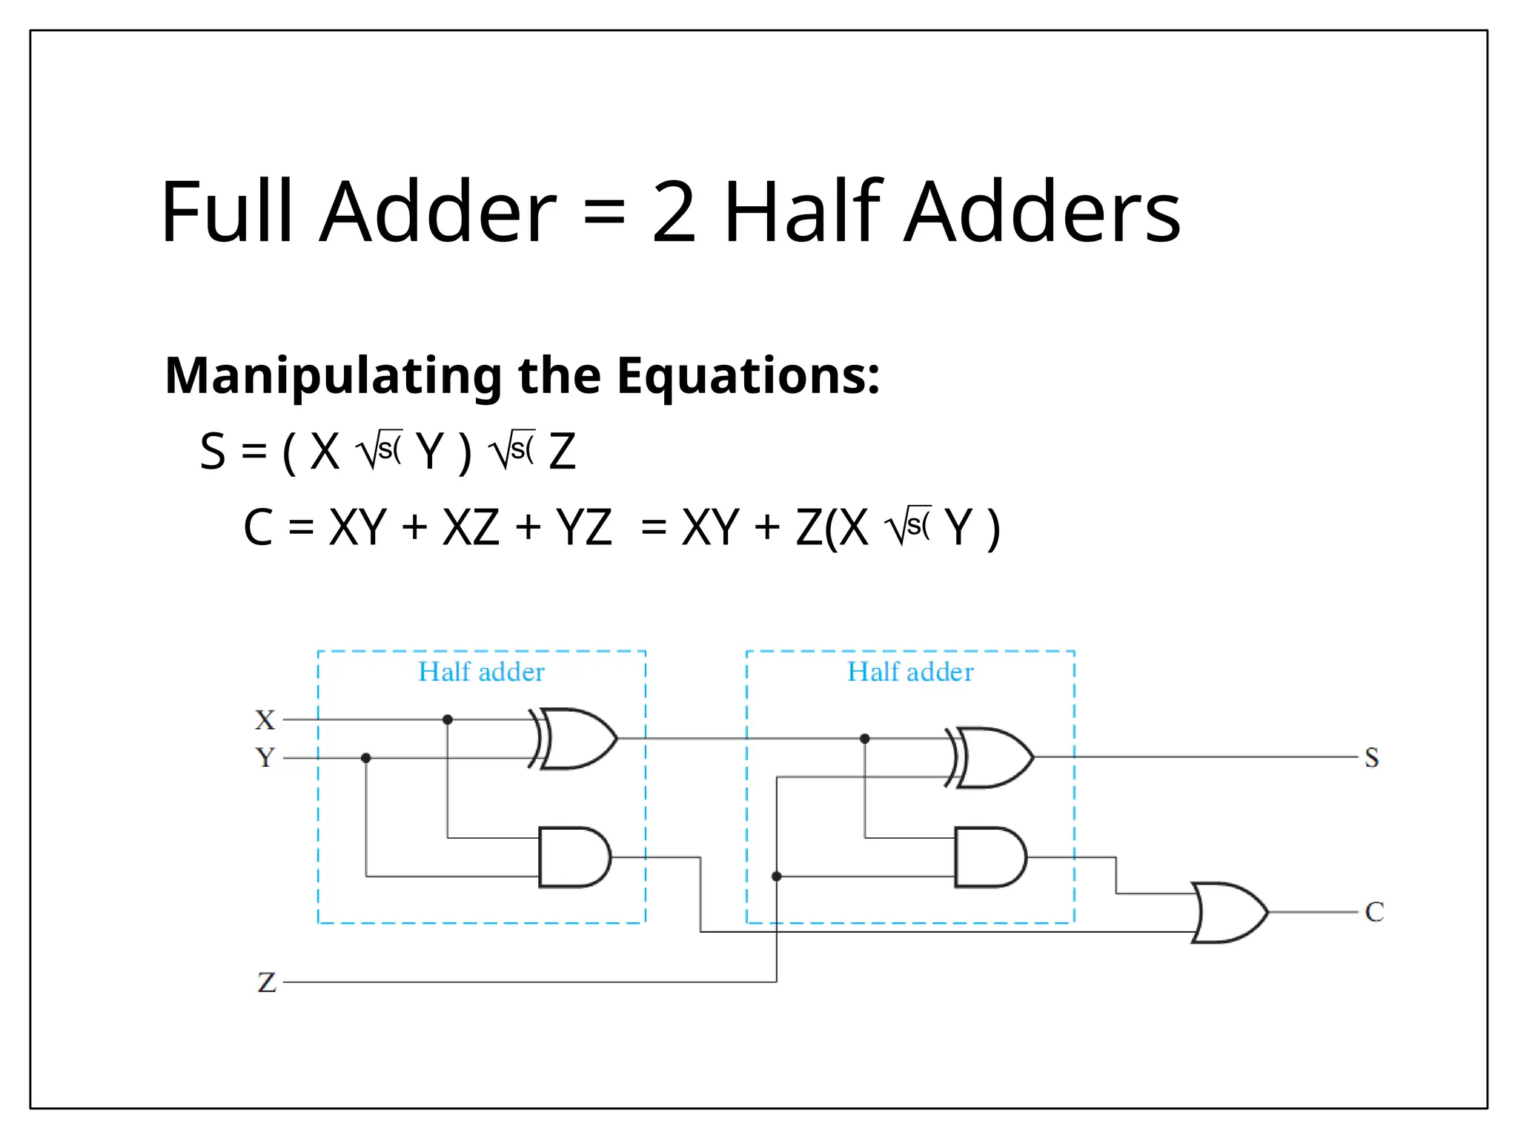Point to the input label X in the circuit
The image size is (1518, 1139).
pos(265,719)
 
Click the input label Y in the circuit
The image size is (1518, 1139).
pos(265,758)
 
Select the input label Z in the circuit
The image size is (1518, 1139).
pos(267,983)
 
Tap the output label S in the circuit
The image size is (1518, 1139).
pos(1372,758)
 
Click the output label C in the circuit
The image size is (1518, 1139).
pos(1375,912)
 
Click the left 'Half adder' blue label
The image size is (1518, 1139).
pos(481,672)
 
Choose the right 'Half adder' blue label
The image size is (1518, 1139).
pos(910,672)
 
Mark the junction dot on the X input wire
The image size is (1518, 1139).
pos(448,719)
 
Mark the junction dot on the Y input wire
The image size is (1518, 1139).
pos(366,758)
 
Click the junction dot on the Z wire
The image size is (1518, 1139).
pos(777,876)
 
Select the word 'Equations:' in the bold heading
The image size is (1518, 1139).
pos(749,376)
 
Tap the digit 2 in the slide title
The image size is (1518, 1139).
pos(674,213)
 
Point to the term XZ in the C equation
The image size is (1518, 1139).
pos(471,528)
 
